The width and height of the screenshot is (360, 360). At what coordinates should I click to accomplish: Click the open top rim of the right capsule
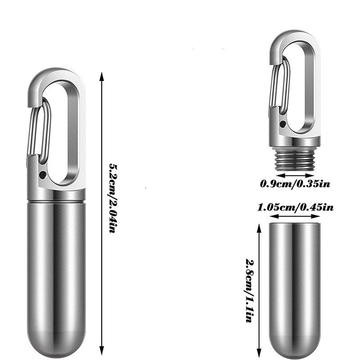pos(295,224)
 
